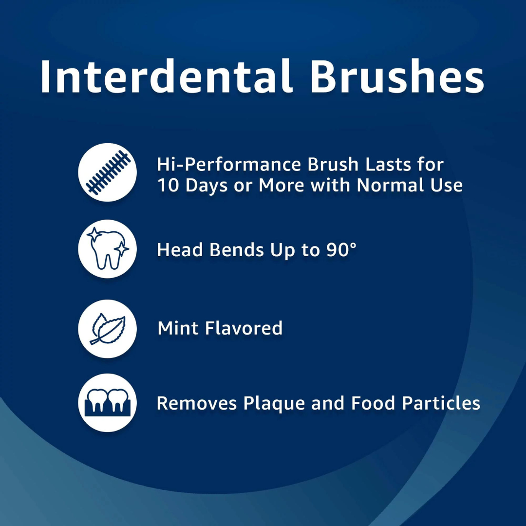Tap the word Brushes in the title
tap(397, 76)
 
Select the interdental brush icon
tap(107, 172)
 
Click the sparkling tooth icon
tap(107, 249)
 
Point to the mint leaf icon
tap(107, 328)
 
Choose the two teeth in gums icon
tap(107, 403)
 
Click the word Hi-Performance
tap(229, 165)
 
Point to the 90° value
tap(340, 249)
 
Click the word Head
tap(180, 249)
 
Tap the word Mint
tap(178, 328)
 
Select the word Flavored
tap(244, 328)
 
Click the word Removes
tap(197, 403)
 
